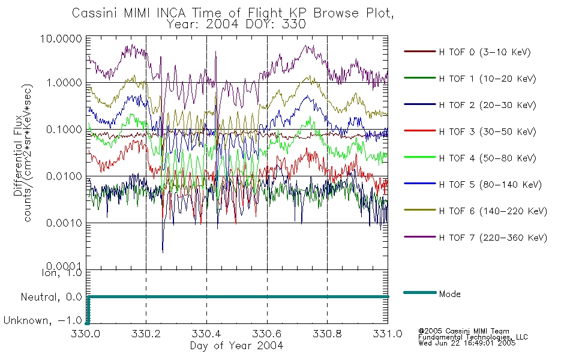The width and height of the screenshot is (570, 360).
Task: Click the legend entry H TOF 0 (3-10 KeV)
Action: (485, 52)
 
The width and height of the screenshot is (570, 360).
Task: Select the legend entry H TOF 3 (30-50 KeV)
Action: (487, 131)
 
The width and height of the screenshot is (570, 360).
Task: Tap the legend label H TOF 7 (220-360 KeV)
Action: (493, 238)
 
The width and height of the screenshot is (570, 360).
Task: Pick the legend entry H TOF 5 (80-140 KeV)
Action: (490, 184)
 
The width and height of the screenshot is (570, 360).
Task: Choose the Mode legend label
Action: (449, 294)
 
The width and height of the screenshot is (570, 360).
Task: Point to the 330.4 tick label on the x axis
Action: (206, 334)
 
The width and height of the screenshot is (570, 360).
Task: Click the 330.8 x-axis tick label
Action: (327, 334)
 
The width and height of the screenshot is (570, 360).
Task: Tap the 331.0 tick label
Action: (388, 334)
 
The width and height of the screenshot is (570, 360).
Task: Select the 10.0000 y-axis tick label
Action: (61, 38)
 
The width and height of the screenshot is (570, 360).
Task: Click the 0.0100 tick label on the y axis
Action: (64, 176)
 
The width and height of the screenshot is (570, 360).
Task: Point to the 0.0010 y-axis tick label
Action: (64, 223)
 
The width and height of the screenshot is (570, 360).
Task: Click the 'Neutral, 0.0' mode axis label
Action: (51, 297)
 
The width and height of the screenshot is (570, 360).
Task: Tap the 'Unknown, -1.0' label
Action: (43, 320)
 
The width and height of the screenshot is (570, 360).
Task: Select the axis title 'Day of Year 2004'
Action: (236, 346)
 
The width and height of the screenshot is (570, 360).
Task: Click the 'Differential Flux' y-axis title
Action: (18, 156)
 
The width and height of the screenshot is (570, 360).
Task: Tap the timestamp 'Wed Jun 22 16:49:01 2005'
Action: (467, 343)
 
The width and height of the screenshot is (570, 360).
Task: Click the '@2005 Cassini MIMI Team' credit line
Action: (464, 331)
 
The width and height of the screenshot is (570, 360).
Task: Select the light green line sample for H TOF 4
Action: (420, 157)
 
